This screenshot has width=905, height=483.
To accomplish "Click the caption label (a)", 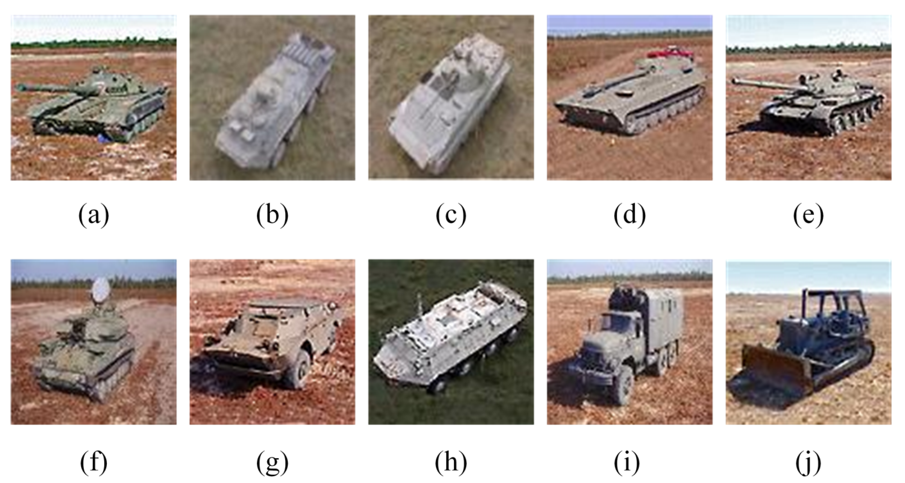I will click(94, 215).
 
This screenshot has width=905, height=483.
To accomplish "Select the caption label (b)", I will click(272, 215).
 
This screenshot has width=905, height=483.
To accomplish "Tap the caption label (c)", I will click(451, 215).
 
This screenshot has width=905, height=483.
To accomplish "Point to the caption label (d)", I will click(629, 215).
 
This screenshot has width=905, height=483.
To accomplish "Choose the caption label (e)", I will click(808, 215).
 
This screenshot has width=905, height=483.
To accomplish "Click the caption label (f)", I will click(94, 462).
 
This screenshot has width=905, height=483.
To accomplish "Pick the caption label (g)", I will click(272, 462).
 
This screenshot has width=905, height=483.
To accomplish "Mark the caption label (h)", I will click(451, 462).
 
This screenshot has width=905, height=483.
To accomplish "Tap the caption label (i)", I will click(627, 462).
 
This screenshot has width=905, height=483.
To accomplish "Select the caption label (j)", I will click(808, 462).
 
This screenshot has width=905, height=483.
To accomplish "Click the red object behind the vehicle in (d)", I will click(669, 53).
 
